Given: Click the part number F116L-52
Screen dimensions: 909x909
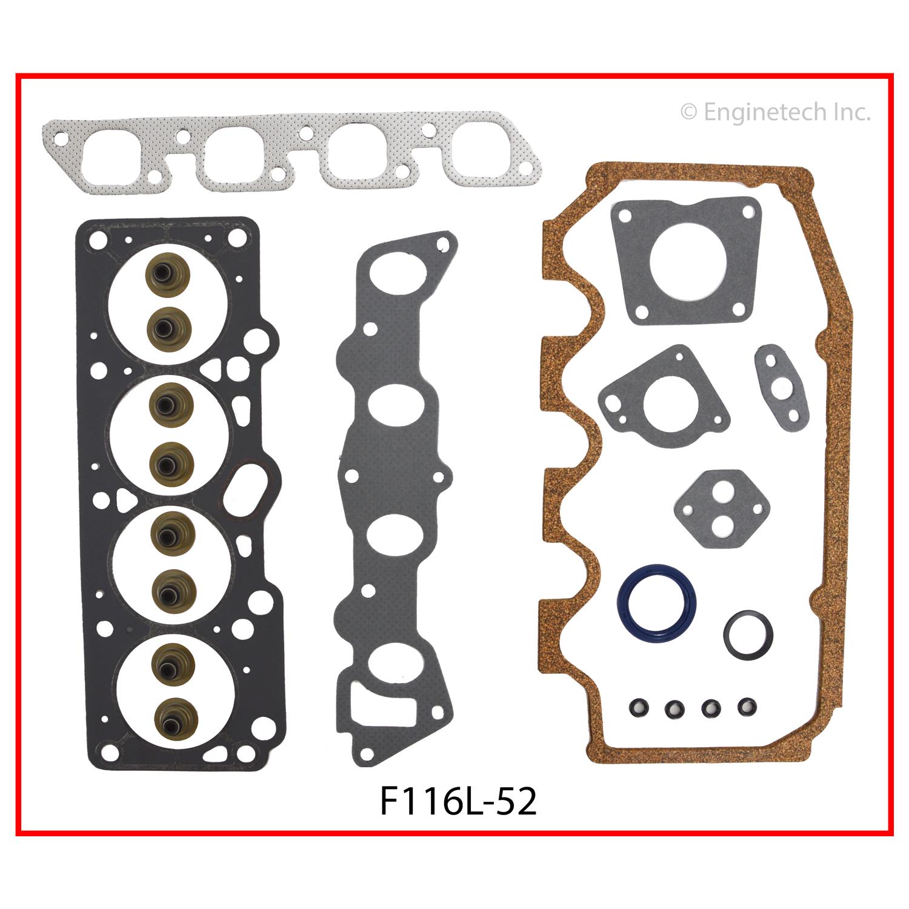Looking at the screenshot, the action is pos(458,802).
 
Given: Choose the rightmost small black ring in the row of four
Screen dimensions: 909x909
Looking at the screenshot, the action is pos(747,706).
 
